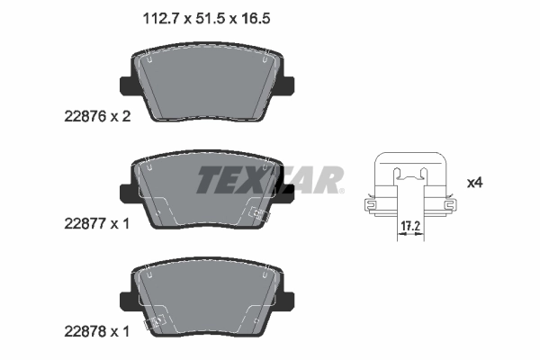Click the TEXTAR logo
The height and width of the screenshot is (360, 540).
click(x=270, y=180)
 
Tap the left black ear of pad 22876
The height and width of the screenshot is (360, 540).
click(x=126, y=86)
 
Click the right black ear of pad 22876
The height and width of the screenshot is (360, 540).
click(x=288, y=86)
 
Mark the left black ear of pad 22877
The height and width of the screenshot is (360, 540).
click(x=126, y=191)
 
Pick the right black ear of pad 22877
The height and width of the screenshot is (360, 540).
click(x=288, y=191)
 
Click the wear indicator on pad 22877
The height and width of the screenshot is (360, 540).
click(x=257, y=216)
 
